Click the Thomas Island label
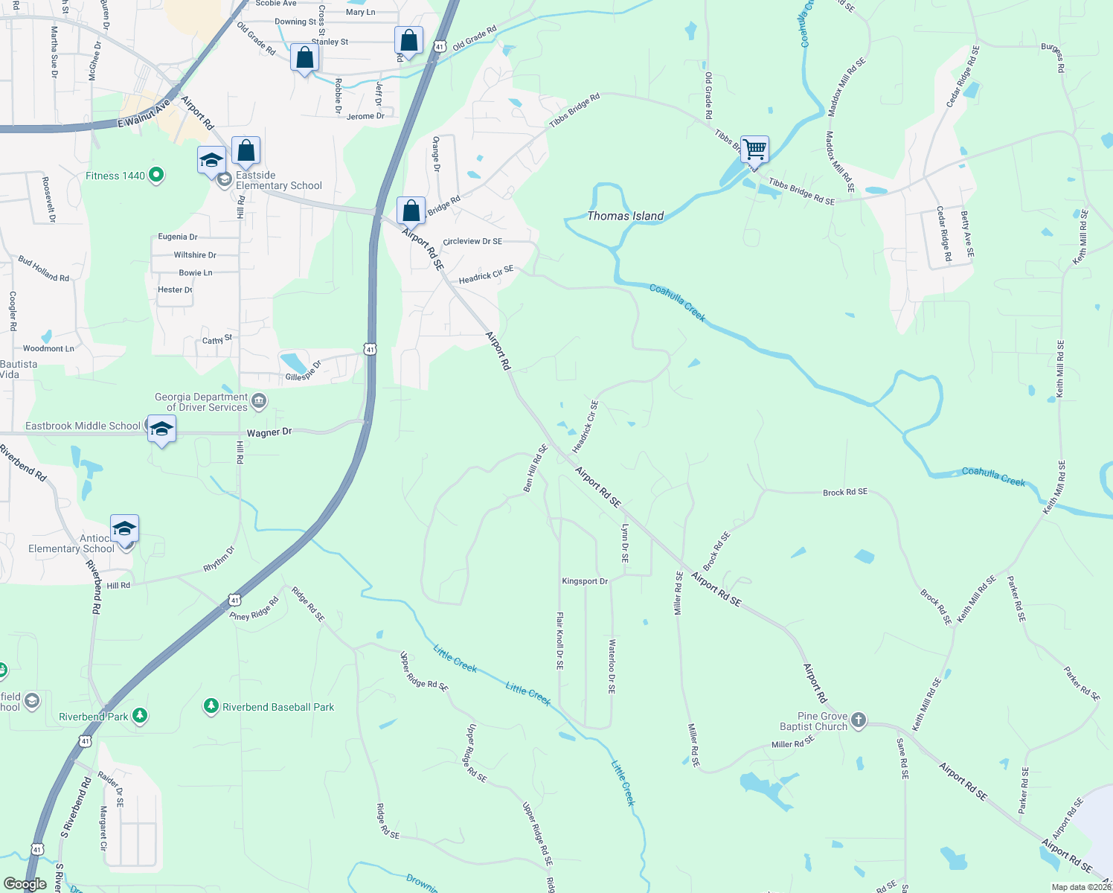[x=625, y=216]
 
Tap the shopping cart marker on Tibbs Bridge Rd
[x=754, y=149]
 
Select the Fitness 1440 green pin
[x=156, y=175]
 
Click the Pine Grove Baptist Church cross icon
[x=859, y=720]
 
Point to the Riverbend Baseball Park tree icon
[x=211, y=706]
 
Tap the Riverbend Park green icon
[x=139, y=716]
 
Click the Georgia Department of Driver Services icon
[x=259, y=402]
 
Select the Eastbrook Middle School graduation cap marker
[x=161, y=430]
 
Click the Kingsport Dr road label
[x=585, y=581]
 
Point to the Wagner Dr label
[x=269, y=432]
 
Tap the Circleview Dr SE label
[x=472, y=241]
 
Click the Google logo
[x=25, y=884]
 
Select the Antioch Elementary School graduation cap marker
[x=124, y=529]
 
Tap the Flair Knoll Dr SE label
[x=559, y=641]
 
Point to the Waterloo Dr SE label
[x=612, y=666]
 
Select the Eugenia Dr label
[x=178, y=237]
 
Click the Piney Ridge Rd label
[x=254, y=609]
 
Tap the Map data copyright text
[x=1081, y=887]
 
